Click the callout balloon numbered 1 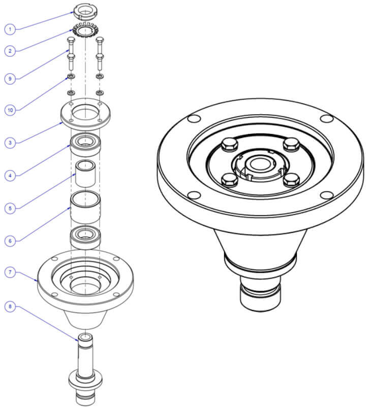point(10,29)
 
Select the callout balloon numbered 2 point(10,50)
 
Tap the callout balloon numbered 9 point(10,79)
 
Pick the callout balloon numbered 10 point(10,110)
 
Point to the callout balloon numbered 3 point(10,143)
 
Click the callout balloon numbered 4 point(10,176)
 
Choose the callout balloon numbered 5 point(10,209)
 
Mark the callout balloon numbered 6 point(10,241)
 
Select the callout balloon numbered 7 point(10,272)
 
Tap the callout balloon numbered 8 point(10,307)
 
